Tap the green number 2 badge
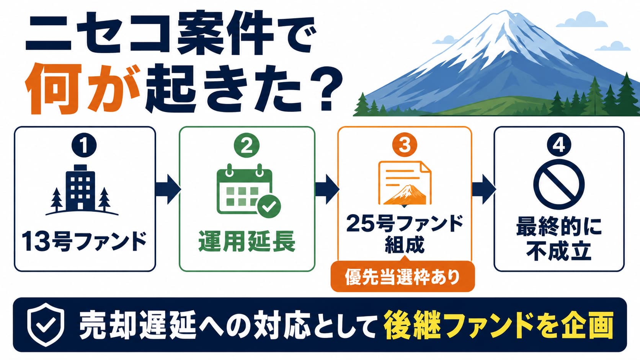coord(247,145)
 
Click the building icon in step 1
coord(82,190)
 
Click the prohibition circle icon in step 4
coord(559,184)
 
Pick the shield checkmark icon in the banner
coord(46,324)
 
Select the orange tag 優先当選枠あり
coord(403,276)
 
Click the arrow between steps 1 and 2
coord(168,189)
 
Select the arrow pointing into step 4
coord(484,189)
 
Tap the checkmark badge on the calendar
coord(269,206)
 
